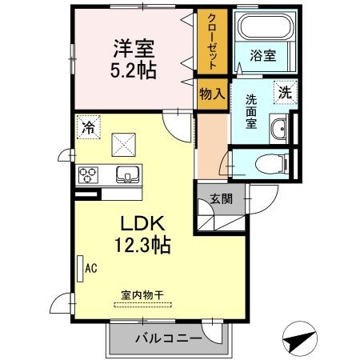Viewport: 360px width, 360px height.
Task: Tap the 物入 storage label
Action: click(x=213, y=94)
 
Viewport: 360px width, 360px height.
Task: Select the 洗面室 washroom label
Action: click(x=251, y=113)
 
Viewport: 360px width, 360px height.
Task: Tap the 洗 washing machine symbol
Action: click(x=283, y=92)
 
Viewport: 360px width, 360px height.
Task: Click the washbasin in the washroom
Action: click(x=279, y=129)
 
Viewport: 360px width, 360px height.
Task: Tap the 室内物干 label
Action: click(x=142, y=295)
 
